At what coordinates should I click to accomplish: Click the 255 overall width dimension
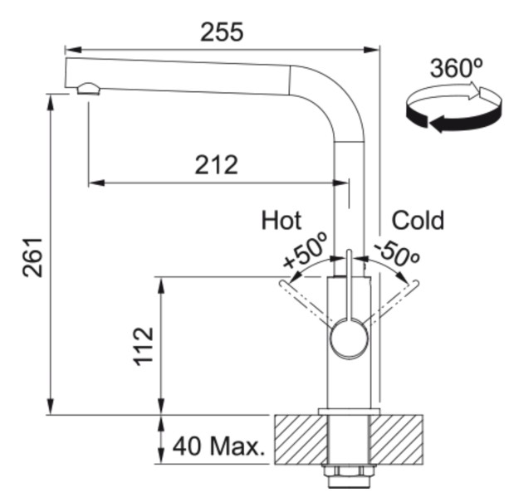point(222,32)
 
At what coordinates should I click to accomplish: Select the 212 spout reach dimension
point(216,164)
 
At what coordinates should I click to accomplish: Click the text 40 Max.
point(218,447)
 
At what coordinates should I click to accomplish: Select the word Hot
point(281,220)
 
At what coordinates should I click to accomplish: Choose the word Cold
point(418,220)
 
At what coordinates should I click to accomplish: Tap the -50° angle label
point(396,251)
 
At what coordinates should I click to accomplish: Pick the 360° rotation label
point(457,68)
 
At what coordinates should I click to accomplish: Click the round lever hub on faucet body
point(348,339)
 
